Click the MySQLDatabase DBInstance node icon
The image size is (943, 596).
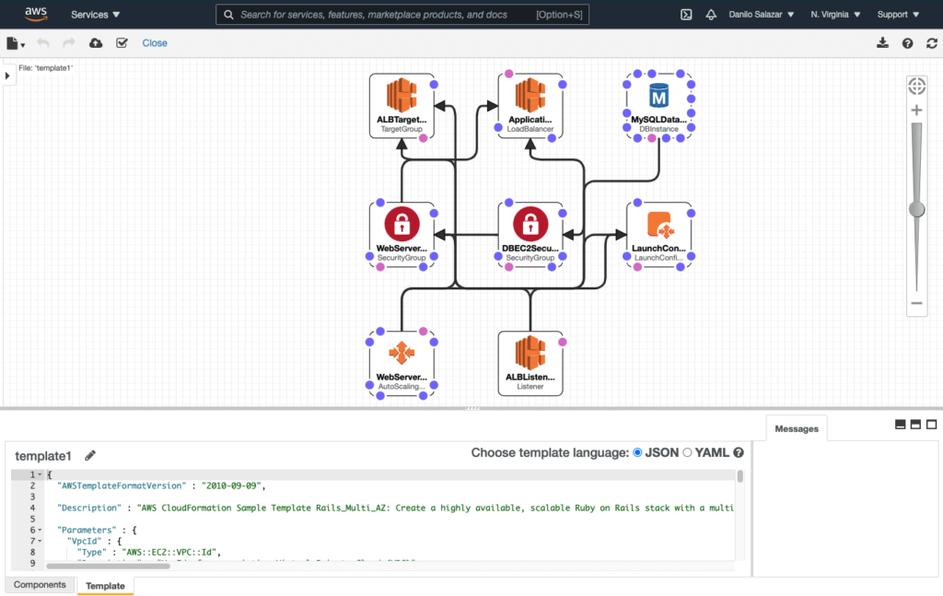(x=658, y=95)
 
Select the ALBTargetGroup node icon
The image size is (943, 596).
(x=402, y=95)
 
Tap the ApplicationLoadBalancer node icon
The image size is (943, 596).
(x=530, y=95)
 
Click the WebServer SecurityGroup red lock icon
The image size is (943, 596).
(x=402, y=223)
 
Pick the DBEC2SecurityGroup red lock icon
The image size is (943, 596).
(x=530, y=223)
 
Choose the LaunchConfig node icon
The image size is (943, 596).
(x=659, y=223)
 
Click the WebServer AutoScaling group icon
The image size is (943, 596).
(x=402, y=352)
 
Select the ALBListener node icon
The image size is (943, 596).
(x=530, y=352)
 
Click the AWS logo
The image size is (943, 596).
(x=37, y=14)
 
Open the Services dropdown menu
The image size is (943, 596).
(x=96, y=15)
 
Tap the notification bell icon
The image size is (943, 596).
(x=711, y=15)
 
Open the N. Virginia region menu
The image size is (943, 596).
(x=835, y=15)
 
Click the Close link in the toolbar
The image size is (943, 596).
(x=155, y=43)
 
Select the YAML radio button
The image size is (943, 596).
(x=687, y=452)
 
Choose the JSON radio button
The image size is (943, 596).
(x=638, y=452)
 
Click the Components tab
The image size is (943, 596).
(x=40, y=585)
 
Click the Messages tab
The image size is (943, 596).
(x=797, y=428)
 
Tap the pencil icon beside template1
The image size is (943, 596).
(x=90, y=455)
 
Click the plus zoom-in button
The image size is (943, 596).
(x=916, y=111)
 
